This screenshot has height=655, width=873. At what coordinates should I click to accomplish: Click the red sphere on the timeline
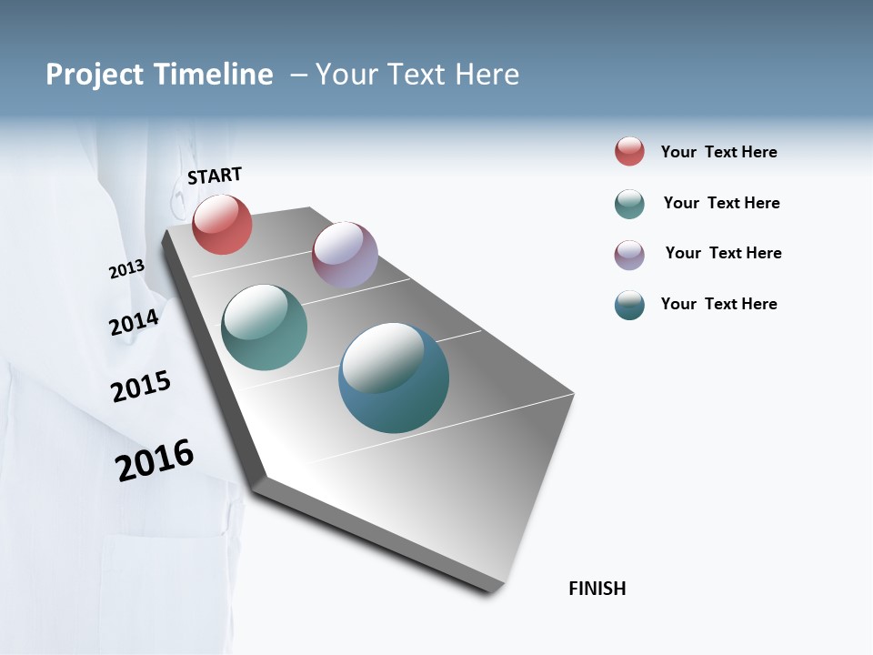click(x=222, y=224)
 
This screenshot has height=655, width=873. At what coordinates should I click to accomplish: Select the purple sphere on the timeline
click(x=345, y=255)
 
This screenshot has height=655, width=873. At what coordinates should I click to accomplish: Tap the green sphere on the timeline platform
click(x=264, y=327)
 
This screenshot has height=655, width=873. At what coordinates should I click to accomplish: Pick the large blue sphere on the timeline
click(x=394, y=378)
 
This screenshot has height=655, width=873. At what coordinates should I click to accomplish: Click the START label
click(x=215, y=176)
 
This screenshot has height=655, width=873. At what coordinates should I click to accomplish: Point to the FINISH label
click(x=597, y=589)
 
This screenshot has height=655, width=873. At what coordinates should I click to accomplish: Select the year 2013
click(x=126, y=269)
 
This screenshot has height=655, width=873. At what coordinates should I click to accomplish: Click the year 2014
click(x=134, y=322)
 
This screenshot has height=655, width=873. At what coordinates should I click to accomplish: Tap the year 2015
click(x=141, y=387)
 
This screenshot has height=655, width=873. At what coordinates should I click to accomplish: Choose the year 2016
click(x=155, y=460)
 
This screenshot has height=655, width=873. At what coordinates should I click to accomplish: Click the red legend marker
click(x=629, y=152)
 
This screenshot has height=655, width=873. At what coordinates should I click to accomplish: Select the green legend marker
click(x=629, y=204)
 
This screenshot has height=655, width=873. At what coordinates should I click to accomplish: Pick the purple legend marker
click(x=629, y=255)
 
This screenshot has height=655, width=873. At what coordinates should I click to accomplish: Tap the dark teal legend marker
click(x=629, y=305)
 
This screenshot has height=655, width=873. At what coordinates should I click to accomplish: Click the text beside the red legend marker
click(x=718, y=152)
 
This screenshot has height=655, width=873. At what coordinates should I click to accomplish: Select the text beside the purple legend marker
click(x=723, y=253)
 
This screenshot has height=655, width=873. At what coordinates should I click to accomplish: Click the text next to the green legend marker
click(x=721, y=203)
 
